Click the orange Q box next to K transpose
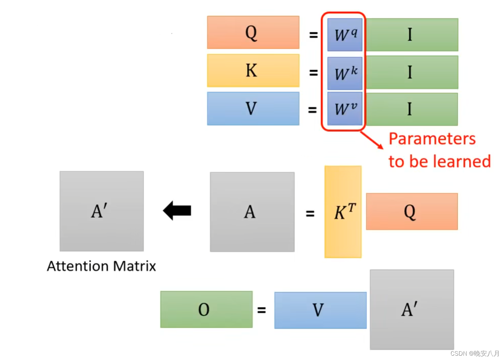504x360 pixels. [412, 211]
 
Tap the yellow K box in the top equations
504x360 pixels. [253, 70]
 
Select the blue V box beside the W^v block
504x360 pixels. [253, 108]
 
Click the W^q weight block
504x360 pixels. [345, 35]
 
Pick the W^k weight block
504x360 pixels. [345, 73]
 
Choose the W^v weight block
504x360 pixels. [345, 108]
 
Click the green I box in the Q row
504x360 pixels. [412, 35]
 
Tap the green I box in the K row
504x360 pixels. [412, 72]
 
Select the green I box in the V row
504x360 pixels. [412, 109]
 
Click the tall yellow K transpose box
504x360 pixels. [343, 212]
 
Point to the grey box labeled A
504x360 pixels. [252, 212]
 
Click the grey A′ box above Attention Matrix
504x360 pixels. [102, 211]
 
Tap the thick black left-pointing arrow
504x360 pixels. [177, 210]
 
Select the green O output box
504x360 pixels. [206, 309]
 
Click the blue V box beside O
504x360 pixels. [320, 310]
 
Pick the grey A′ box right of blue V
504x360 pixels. [412, 309]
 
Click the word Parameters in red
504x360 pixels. [432, 138]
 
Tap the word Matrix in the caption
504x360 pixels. [134, 266]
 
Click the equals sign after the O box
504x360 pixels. [262, 310]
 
